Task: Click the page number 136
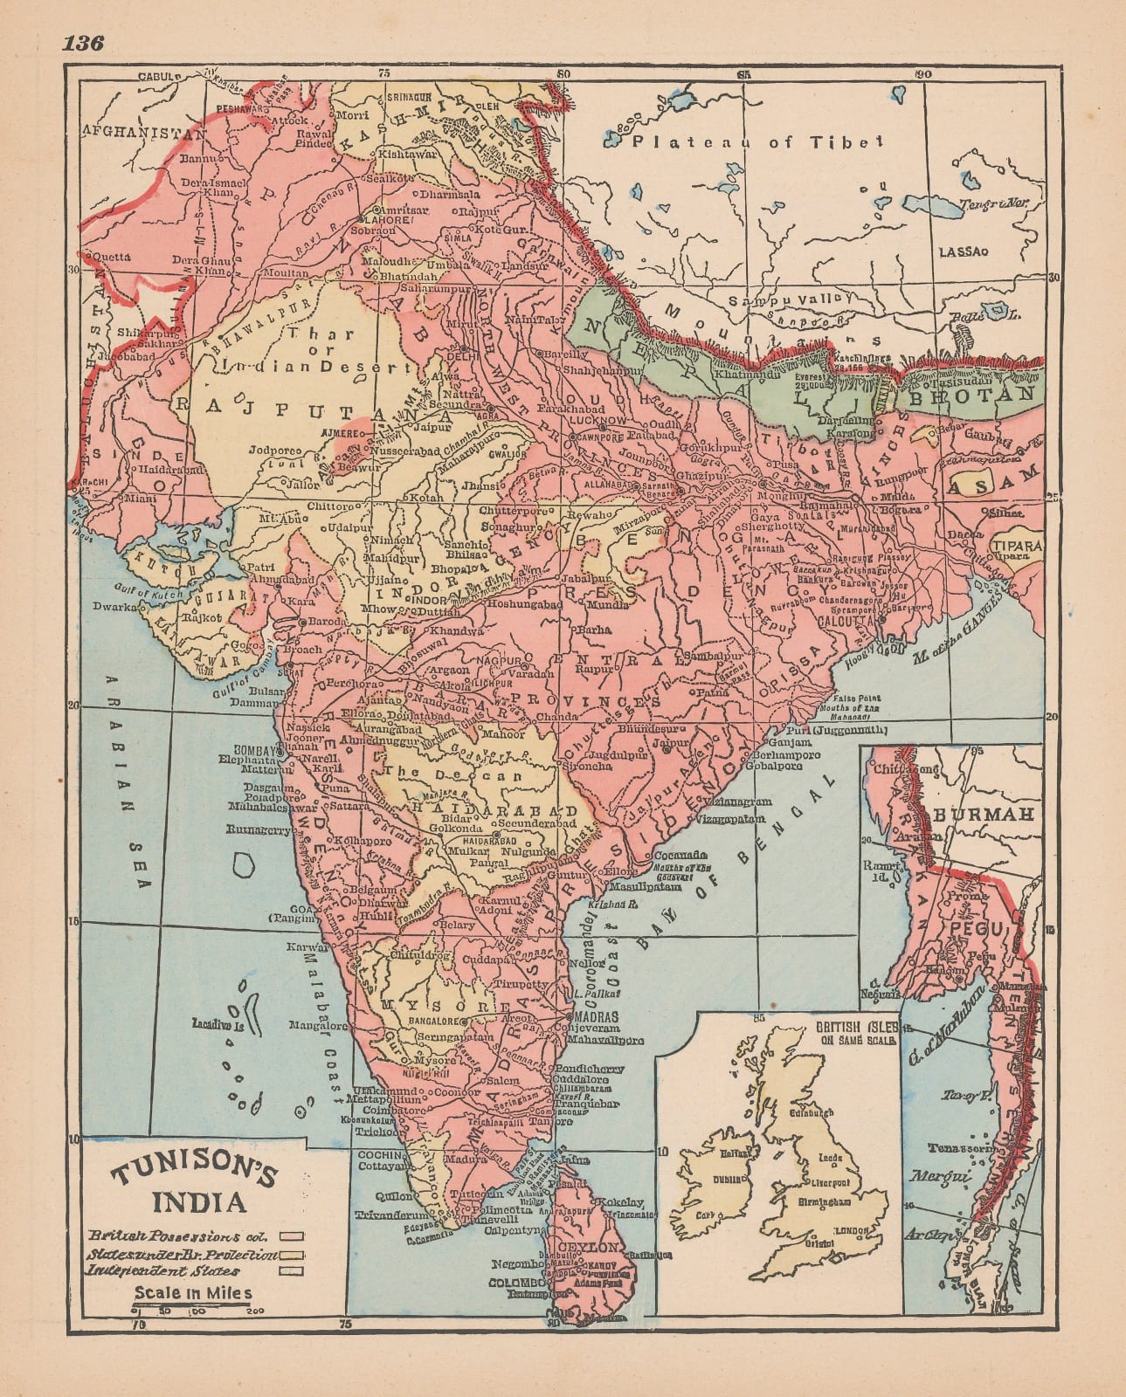coord(83,43)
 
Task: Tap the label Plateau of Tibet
coord(759,141)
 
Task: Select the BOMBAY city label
coord(254,749)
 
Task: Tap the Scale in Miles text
coord(193,1293)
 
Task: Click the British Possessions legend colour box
coord(295,1236)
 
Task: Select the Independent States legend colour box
coord(295,1270)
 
